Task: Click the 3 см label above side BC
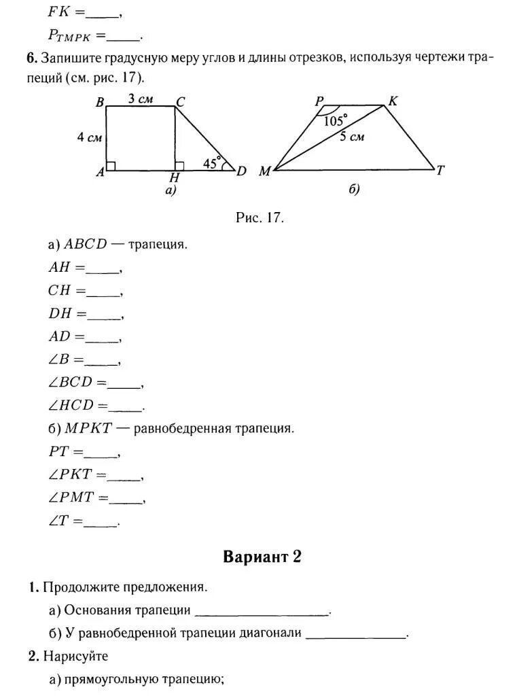pos(141,99)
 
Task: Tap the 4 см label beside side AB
pos(89,137)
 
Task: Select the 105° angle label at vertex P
pos(334,122)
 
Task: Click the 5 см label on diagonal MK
pos(352,137)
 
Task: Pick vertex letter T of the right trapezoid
pos(440,171)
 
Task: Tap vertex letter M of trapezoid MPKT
pos(264,172)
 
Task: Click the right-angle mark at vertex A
pos(111,166)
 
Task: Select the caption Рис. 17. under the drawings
pos(259,217)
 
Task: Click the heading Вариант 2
pos(262,557)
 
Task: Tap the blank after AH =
pos(104,270)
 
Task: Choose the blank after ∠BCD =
pos(126,385)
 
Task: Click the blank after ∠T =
pos(103,523)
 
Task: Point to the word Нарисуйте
pos(75,657)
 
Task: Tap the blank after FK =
pos(103,14)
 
